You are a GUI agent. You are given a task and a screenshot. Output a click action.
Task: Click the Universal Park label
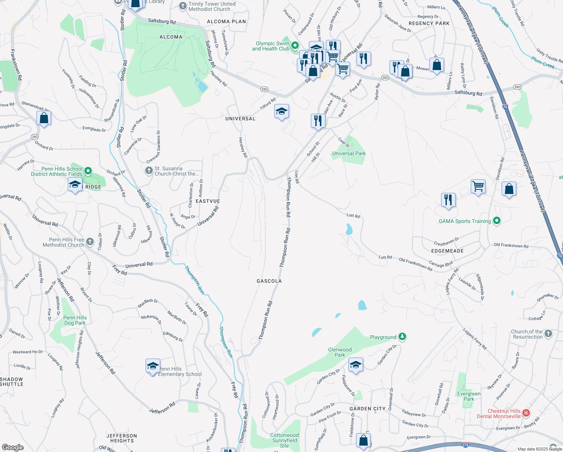(349, 153)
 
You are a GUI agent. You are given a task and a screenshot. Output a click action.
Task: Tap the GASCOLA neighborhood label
(269, 281)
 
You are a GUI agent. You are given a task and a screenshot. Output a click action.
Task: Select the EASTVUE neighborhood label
(208, 201)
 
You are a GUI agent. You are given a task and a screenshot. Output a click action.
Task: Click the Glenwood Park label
(340, 352)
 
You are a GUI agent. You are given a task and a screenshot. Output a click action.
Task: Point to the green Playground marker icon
(402, 336)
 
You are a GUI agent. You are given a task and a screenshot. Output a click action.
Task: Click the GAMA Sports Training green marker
(496, 221)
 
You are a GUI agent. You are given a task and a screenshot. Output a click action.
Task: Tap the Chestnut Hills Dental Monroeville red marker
(526, 413)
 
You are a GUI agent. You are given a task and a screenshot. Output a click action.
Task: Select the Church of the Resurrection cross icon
(548, 333)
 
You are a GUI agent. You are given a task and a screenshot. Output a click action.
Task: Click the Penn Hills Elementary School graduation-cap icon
(153, 366)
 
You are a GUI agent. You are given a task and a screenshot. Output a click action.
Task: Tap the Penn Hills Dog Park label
(75, 320)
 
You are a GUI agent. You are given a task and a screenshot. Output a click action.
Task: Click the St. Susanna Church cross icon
(149, 171)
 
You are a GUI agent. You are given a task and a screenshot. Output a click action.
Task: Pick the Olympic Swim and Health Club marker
(295, 46)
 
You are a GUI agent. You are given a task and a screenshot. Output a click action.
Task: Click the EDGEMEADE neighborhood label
(447, 251)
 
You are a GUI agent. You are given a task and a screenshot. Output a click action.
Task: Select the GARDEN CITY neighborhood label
(368, 409)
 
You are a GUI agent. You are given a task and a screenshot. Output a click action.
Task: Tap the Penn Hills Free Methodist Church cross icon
(90, 242)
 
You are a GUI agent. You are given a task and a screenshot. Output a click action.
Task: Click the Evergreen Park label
(469, 396)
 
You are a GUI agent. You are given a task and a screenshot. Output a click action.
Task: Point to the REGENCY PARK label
(429, 23)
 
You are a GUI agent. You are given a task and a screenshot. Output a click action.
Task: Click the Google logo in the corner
(12, 447)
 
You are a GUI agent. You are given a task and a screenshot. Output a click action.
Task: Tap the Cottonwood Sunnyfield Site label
(285, 440)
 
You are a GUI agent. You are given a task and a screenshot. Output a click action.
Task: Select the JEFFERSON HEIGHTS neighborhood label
(122, 438)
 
